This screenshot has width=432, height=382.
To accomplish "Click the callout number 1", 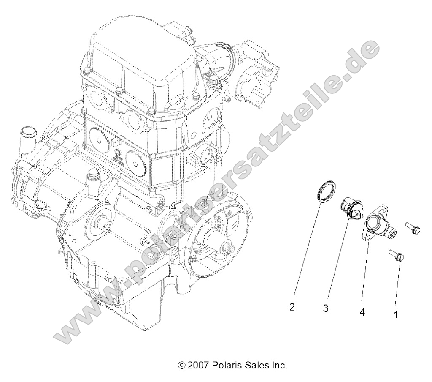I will click(x=395, y=315).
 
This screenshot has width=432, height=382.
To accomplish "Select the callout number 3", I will click(x=326, y=309).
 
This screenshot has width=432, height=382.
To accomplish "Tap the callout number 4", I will click(x=362, y=312).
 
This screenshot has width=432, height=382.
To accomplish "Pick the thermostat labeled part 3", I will click(x=350, y=209).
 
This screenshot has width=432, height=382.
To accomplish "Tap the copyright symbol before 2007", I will click(x=182, y=365).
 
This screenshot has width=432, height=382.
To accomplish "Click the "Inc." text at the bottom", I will click(x=278, y=365).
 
